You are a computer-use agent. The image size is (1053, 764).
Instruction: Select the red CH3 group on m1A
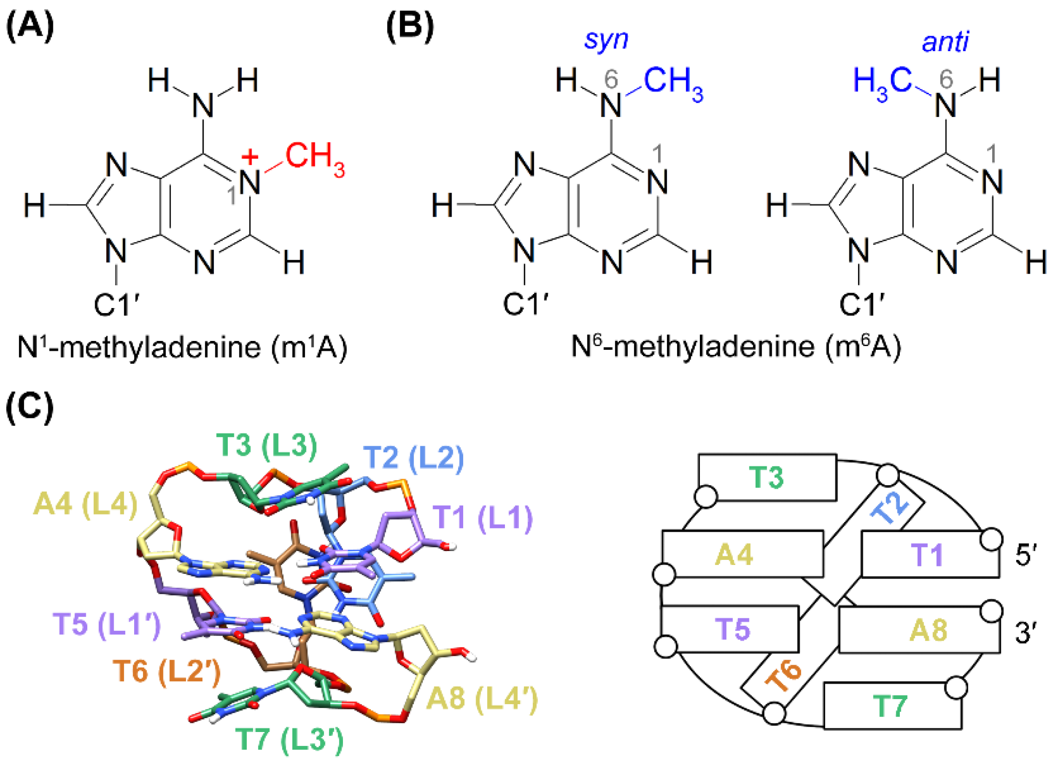tap(315, 158)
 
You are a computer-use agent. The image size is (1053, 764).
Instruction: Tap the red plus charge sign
tap(250, 157)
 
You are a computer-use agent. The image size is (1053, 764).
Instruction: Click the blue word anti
tap(945, 42)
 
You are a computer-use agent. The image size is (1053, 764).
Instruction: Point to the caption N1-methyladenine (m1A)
tap(182, 347)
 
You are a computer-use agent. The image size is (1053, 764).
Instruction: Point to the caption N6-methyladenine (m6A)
tap(736, 347)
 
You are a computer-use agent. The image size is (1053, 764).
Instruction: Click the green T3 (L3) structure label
tap(266, 445)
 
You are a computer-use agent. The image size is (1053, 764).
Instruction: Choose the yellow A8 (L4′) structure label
tap(481, 699)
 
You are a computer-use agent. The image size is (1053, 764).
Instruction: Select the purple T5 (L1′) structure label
tap(107, 624)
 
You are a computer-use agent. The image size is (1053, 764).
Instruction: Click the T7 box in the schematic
tap(892, 706)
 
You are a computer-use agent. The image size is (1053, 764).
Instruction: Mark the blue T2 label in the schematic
tap(890, 508)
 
